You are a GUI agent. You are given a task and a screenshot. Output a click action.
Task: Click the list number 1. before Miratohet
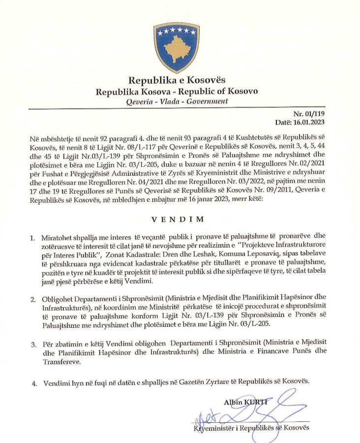tap(32, 239)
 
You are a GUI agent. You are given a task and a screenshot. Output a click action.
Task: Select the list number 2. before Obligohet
tap(32, 299)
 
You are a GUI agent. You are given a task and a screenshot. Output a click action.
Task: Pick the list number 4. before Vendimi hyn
tap(32, 382)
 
